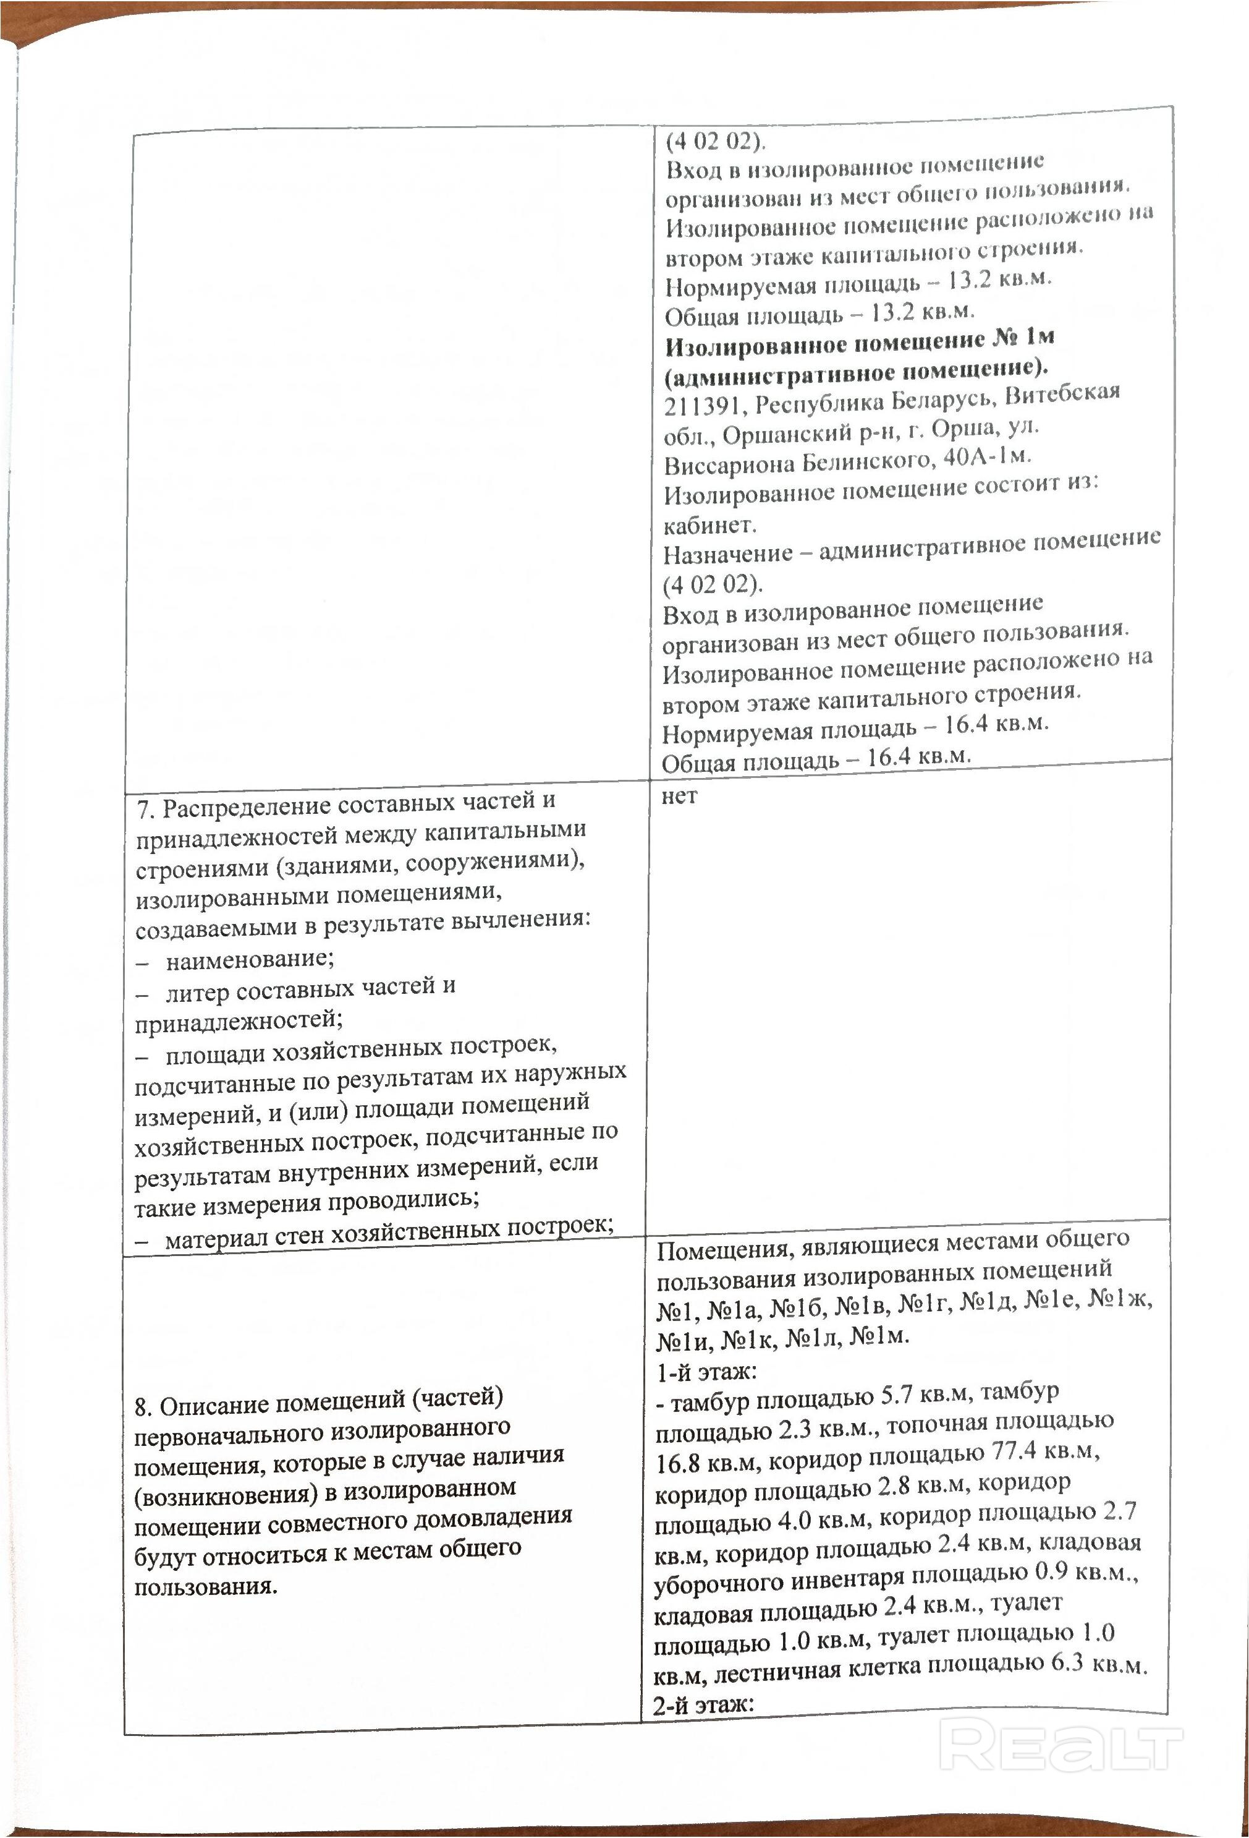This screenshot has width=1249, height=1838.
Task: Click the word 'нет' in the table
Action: click(679, 797)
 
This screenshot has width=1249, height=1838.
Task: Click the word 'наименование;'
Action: click(250, 959)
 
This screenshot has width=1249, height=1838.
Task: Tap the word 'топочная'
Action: click(941, 1424)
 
